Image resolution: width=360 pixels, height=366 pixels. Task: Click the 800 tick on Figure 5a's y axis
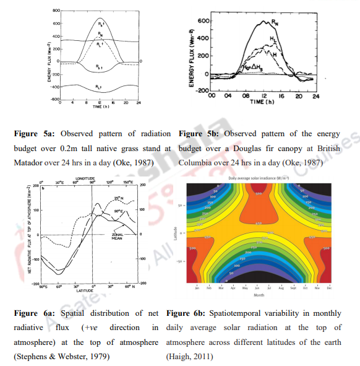(x=54, y=11)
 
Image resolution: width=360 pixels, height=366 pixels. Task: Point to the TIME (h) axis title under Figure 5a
(x=101, y=107)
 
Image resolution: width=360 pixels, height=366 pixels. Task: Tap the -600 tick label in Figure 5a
(x=53, y=99)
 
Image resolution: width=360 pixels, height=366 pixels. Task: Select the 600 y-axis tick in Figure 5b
(x=201, y=20)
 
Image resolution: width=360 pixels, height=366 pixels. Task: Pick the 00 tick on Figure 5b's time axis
(x=211, y=97)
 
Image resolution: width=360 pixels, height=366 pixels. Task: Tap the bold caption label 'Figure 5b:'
(x=198, y=133)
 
